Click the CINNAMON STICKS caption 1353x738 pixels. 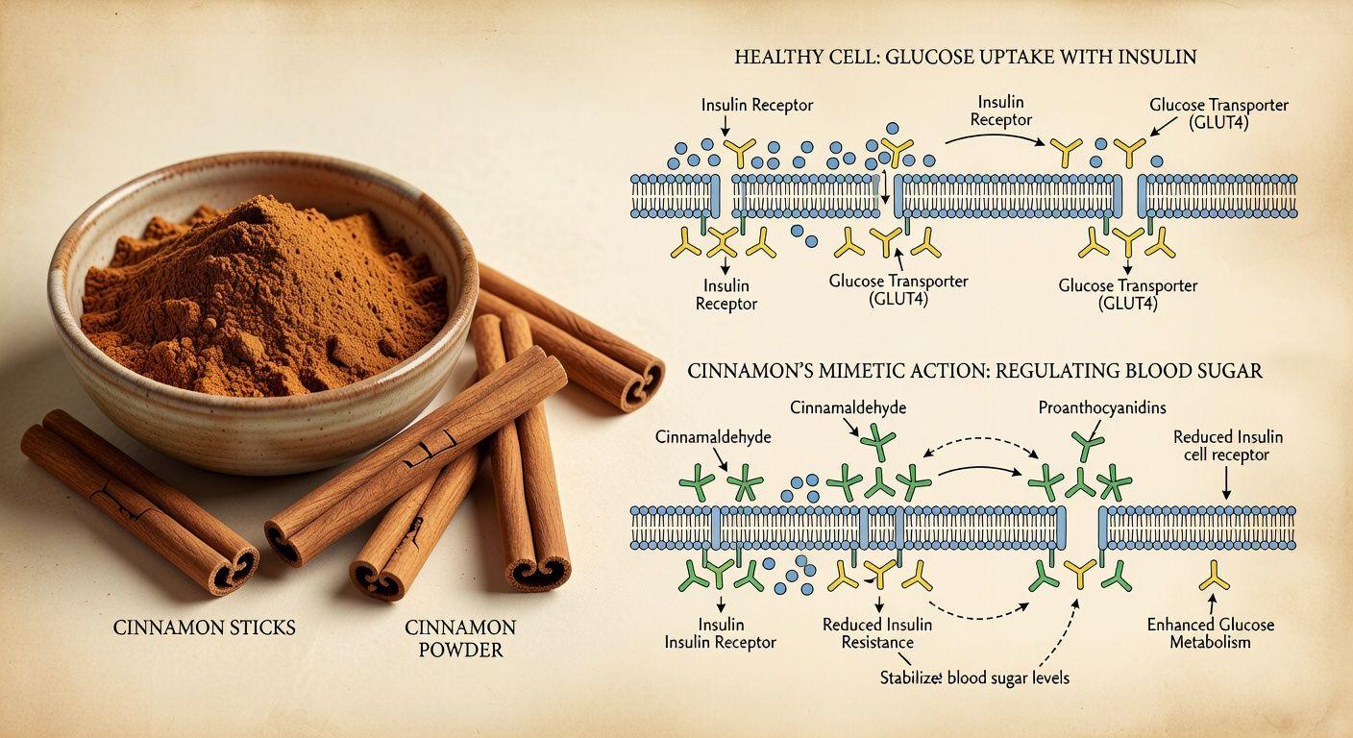(x=204, y=627)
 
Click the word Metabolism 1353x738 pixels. (x=1210, y=642)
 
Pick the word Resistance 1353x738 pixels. (x=878, y=642)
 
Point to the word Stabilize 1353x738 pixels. (x=910, y=677)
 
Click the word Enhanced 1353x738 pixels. (x=1179, y=625)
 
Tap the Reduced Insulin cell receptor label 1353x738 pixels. (x=1226, y=446)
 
